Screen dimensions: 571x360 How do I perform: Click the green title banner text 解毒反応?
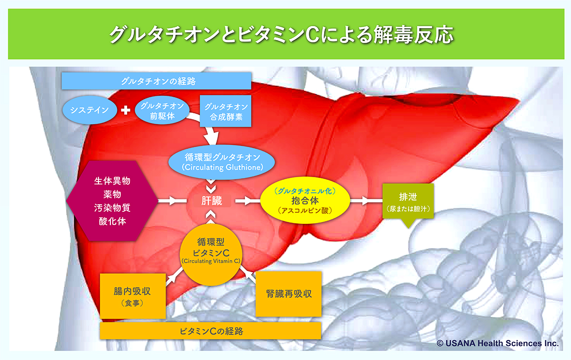[x=413, y=34]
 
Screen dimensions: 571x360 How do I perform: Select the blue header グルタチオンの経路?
[x=156, y=81]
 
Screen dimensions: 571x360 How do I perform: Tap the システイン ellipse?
[x=89, y=110]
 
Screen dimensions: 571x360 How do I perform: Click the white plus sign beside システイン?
[x=126, y=110]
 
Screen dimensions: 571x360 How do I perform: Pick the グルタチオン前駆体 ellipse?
[x=162, y=110]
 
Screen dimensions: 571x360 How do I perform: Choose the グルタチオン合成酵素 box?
[x=226, y=111]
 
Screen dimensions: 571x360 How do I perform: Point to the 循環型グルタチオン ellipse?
[x=222, y=162]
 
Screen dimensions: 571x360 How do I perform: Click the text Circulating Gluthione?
[x=223, y=167]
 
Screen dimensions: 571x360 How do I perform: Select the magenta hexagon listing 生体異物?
[x=112, y=201]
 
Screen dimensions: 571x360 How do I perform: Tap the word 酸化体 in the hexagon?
[x=112, y=221]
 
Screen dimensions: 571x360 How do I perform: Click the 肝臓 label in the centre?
[x=212, y=201]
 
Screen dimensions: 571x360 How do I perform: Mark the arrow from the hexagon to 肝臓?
[x=173, y=201]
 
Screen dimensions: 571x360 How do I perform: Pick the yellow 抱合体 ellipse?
[x=305, y=200]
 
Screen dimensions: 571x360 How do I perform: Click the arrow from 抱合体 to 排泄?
[x=366, y=201]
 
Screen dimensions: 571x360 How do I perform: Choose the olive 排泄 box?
[x=408, y=201]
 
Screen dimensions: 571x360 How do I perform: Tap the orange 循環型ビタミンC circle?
[x=211, y=254]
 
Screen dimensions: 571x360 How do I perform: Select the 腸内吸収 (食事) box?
[x=133, y=296]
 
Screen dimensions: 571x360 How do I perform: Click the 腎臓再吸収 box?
[x=288, y=294]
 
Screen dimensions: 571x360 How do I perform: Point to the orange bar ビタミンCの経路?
[x=210, y=330]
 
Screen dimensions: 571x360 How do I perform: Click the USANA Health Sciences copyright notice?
[x=498, y=343]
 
